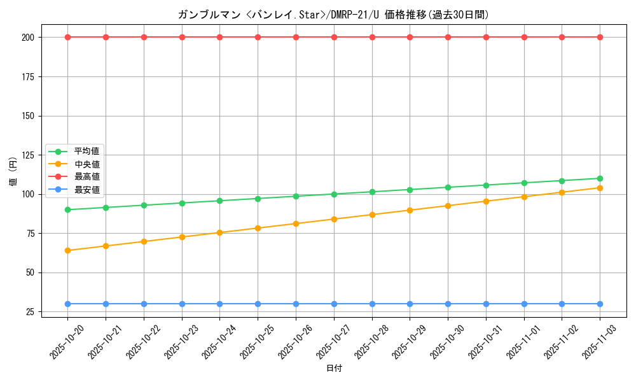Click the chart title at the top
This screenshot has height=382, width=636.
[x=333, y=15]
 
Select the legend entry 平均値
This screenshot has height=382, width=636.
[x=86, y=152]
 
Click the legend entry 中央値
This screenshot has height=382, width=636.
[x=86, y=164]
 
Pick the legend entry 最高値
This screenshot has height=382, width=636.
[x=86, y=176]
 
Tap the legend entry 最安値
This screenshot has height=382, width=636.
[x=86, y=189]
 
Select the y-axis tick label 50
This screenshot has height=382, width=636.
[x=29, y=272]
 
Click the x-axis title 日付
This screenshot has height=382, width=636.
[x=334, y=369]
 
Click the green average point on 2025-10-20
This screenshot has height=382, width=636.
[x=67, y=209]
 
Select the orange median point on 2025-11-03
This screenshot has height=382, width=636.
[x=600, y=188]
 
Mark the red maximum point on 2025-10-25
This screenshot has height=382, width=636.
[x=258, y=37]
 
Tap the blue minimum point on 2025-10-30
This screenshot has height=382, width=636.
[x=448, y=304]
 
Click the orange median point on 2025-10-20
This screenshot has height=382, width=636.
[x=67, y=250]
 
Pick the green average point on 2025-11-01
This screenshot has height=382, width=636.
[x=524, y=183]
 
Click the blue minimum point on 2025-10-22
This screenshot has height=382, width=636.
[x=144, y=304]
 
